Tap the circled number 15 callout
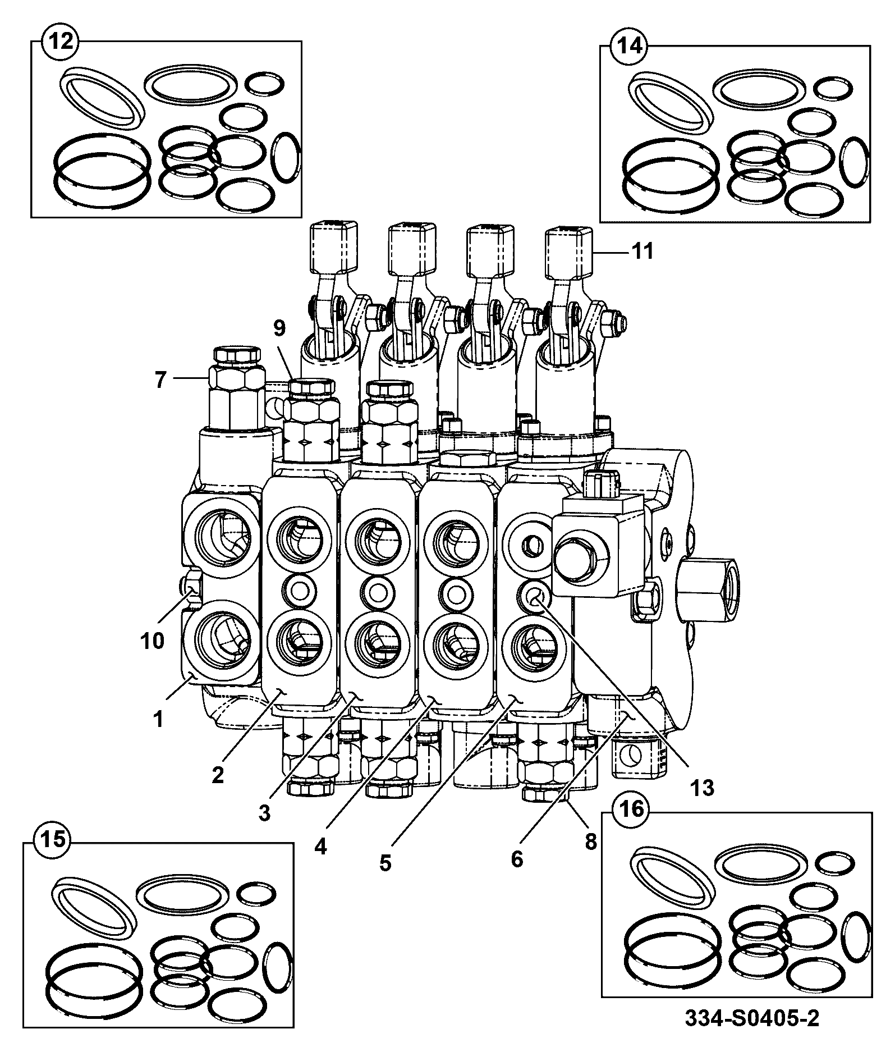(x=54, y=840)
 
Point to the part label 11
(x=642, y=251)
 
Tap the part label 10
(x=152, y=640)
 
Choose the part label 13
(x=703, y=788)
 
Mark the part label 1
(x=159, y=719)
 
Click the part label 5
(x=385, y=863)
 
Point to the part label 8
(x=590, y=842)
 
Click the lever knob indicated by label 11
(x=570, y=253)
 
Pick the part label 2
(x=218, y=775)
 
